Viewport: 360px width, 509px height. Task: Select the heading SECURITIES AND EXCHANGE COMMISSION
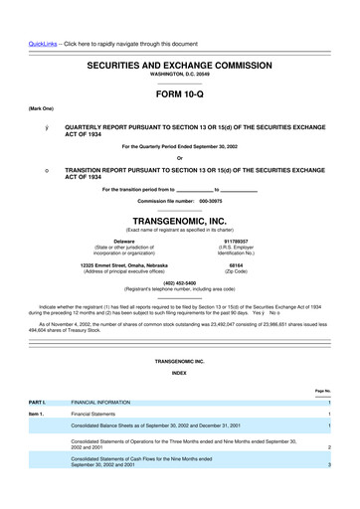click(x=179, y=62)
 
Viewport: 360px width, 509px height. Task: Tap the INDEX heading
click(x=179, y=372)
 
